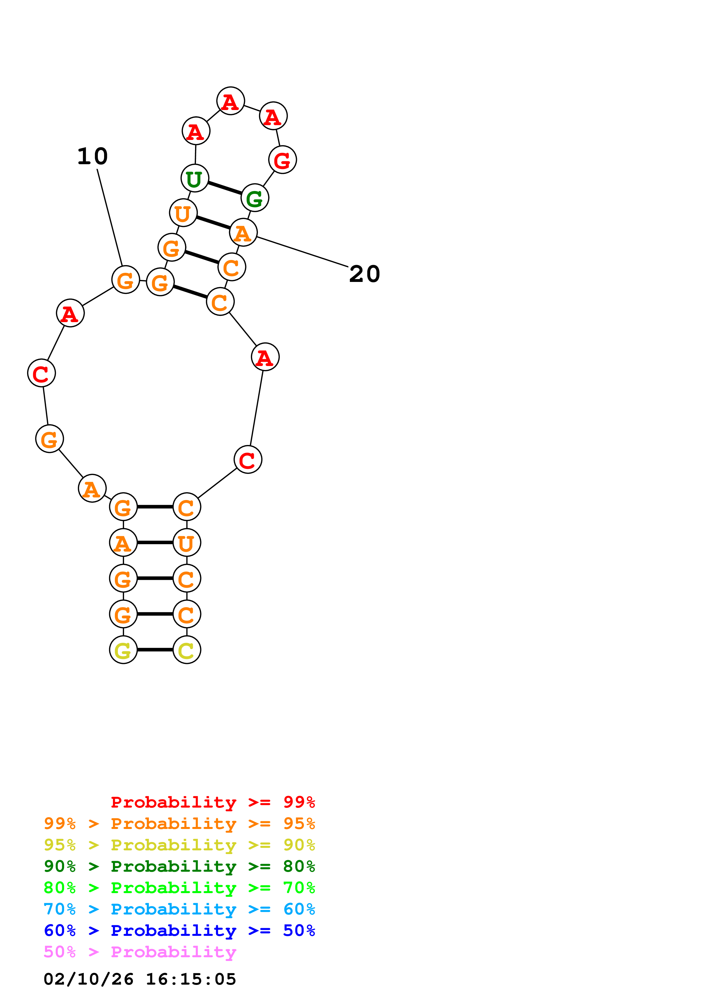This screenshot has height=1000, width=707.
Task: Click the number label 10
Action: point(92,156)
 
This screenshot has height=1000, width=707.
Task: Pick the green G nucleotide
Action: point(255,198)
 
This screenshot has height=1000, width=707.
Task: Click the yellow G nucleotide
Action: point(123,650)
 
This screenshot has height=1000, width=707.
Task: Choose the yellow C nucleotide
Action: point(187,650)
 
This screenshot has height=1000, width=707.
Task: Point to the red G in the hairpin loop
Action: point(283,160)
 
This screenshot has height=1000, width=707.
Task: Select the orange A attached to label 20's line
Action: point(243,233)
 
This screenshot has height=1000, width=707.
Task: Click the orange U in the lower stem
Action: point(187,543)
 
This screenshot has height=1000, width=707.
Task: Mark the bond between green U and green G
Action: point(225,188)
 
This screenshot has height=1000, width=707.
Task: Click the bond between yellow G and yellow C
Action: point(155,650)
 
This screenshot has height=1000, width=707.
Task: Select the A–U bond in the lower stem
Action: point(155,543)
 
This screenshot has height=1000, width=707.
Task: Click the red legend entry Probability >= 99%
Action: point(212,802)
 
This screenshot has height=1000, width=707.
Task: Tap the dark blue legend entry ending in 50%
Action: point(179,930)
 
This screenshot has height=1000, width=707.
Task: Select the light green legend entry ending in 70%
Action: point(179,888)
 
